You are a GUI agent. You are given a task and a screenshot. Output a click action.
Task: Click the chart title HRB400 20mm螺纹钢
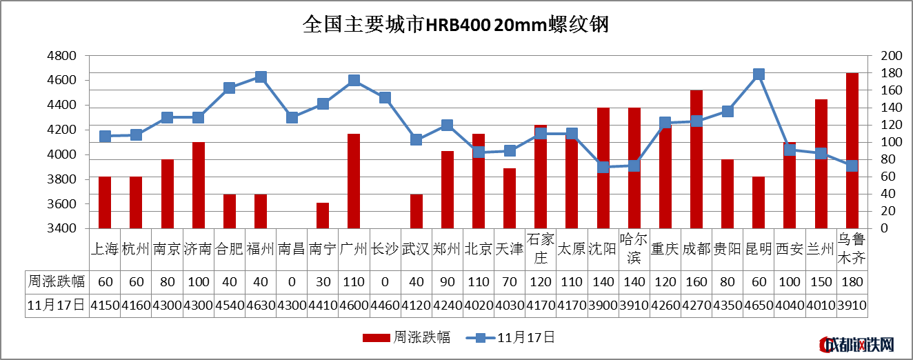pyautogui.click(x=456, y=26)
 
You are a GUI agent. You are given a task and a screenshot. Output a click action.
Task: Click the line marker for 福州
pyautogui.click(x=261, y=77)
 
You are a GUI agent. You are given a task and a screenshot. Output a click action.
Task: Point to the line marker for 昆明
pyautogui.click(x=759, y=74)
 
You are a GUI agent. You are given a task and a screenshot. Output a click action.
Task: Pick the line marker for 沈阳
pyautogui.click(x=603, y=167)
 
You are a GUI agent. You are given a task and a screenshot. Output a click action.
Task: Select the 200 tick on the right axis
pyautogui.click(x=892, y=56)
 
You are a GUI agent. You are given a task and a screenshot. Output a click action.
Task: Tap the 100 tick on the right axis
pyautogui.click(x=892, y=142)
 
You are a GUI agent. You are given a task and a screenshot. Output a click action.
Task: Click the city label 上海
pyautogui.click(x=105, y=249)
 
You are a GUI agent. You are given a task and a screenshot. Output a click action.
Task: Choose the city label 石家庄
pyautogui.click(x=541, y=249)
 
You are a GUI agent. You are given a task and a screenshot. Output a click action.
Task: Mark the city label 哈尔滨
pyautogui.click(x=634, y=249)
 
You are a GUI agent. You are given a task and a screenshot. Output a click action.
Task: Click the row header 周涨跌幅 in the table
pyautogui.click(x=57, y=281)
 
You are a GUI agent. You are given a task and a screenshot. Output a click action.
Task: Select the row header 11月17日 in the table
pyautogui.click(x=57, y=305)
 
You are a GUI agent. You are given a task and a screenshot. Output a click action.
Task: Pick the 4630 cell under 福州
pyautogui.click(x=261, y=305)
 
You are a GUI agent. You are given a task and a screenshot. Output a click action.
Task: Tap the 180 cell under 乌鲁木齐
pyautogui.click(x=852, y=281)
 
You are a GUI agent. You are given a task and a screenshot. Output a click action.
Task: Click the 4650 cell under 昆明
pyautogui.click(x=759, y=305)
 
